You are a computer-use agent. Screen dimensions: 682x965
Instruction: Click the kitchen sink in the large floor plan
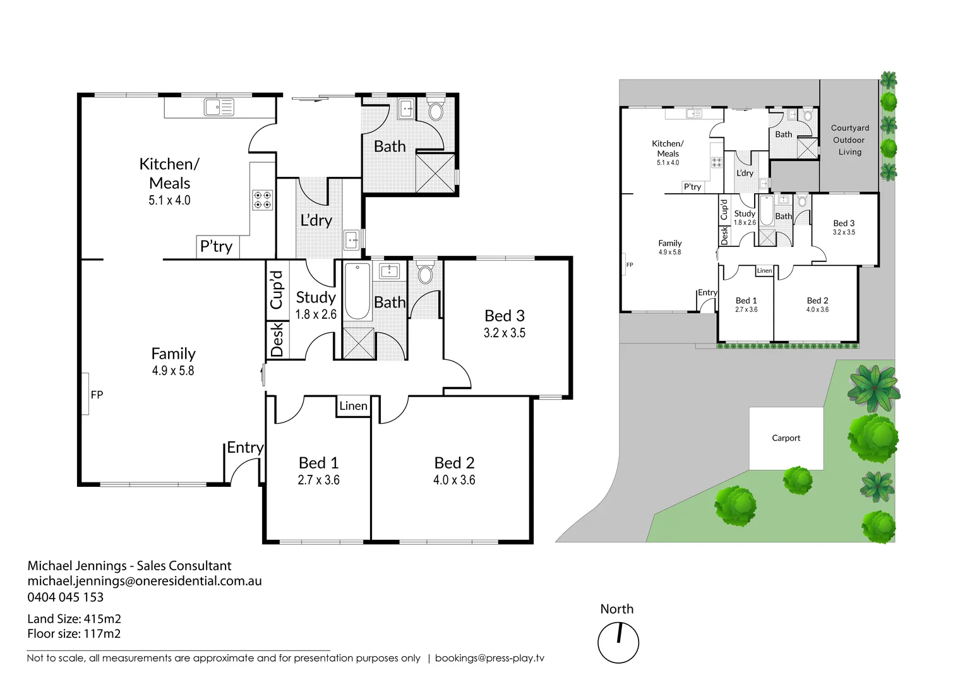coord(219,107)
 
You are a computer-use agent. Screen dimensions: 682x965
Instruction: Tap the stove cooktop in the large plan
coord(263,200)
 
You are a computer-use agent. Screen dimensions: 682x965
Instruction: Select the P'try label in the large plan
coord(216,246)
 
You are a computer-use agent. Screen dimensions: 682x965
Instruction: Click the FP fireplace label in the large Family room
coord(97,395)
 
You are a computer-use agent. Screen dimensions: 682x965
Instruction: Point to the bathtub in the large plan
coord(357,292)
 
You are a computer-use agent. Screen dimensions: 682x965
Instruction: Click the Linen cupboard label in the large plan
coord(353,406)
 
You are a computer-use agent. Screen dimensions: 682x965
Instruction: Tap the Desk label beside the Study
coord(277,340)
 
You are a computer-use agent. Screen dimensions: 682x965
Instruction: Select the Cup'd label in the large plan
coord(277,290)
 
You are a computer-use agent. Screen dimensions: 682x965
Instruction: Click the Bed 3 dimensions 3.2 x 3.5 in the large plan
coord(504,333)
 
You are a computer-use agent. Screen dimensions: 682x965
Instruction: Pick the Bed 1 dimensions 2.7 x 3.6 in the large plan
coord(318,480)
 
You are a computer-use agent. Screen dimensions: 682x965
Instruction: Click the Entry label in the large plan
coord(245,448)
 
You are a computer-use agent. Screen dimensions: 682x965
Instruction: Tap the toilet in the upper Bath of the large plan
coord(436,111)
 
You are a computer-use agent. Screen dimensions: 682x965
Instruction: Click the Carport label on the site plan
coord(786,438)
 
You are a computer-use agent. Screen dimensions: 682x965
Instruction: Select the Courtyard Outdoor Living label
coord(849,140)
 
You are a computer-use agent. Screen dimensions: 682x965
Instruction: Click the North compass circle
coord(618,643)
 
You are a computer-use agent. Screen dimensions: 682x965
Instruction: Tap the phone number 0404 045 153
coord(65,597)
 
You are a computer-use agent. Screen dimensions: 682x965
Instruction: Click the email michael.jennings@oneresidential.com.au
coord(144,581)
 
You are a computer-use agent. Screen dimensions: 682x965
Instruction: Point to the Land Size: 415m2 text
coord(74,619)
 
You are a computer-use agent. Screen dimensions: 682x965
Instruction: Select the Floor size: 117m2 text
coord(74,633)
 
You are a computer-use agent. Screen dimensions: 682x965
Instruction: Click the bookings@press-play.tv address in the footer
coord(489,658)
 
